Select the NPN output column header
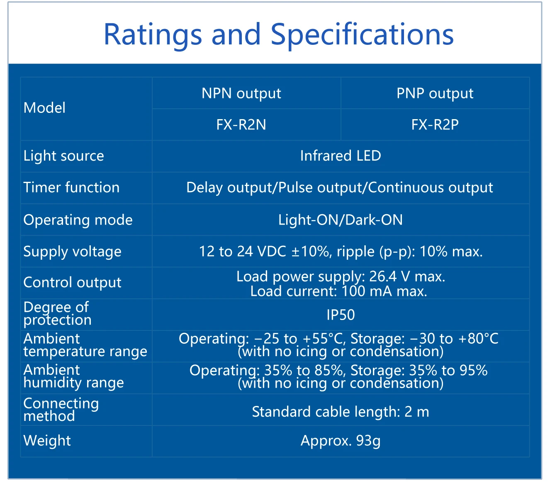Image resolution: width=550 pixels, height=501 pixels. [x=241, y=93]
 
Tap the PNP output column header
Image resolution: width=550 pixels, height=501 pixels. [x=435, y=93]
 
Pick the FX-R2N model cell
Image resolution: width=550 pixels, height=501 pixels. [x=241, y=125]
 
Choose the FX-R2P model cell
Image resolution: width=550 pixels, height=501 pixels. [x=435, y=125]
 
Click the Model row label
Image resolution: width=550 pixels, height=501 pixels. [x=44, y=108]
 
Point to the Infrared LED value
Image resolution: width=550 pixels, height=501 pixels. [x=341, y=156]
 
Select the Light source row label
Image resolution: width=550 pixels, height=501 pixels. [x=63, y=156]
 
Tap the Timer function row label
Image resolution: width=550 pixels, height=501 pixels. [x=72, y=187]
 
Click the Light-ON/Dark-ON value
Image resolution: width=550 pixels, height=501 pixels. [x=341, y=220]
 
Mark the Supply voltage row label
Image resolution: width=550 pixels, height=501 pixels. [x=73, y=252]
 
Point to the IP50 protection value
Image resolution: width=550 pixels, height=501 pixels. [x=341, y=315]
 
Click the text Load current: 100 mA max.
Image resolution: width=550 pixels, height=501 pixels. [x=339, y=291]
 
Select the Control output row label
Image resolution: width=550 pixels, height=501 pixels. [x=73, y=283]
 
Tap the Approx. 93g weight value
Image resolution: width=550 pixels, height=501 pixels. [x=341, y=441]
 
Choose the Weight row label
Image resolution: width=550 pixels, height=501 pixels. [x=47, y=441]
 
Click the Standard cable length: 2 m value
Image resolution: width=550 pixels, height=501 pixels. [x=341, y=412]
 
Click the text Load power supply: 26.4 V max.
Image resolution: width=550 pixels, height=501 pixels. [x=341, y=276]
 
